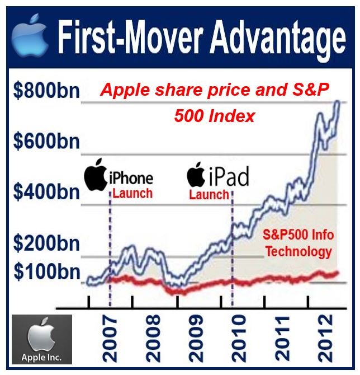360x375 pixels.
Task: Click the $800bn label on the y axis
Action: tap(46, 91)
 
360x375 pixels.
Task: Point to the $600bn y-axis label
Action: tap(46, 142)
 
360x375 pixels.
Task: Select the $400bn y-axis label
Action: tap(46, 192)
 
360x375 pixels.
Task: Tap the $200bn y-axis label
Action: tap(46, 243)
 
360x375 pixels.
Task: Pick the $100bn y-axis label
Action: tap(47, 272)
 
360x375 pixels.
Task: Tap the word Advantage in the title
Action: tap(278, 38)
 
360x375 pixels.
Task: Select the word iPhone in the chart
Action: tap(131, 178)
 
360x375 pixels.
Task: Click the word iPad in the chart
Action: tap(229, 176)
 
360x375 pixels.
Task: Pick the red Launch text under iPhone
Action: tap(132, 193)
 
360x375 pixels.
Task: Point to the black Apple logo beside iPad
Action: tap(196, 174)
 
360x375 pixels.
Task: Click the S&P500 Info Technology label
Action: tap(299, 243)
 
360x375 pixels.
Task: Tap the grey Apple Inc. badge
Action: tap(42, 339)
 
